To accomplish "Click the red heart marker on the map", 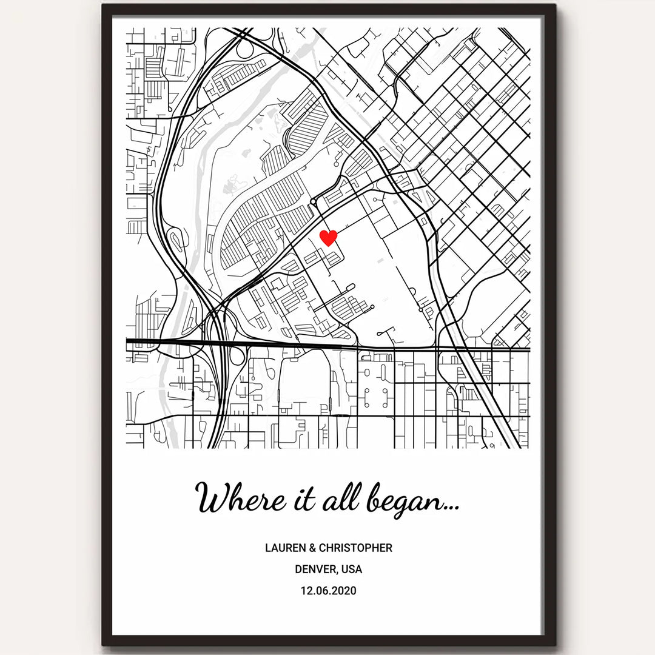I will click(x=328, y=237).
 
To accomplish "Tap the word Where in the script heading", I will click(x=238, y=499).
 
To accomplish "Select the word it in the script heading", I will click(x=304, y=499).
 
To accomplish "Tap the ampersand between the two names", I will click(x=312, y=548).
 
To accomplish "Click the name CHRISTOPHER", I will click(x=355, y=548).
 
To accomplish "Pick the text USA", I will click(x=352, y=569).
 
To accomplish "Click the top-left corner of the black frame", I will click(x=104, y=5).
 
